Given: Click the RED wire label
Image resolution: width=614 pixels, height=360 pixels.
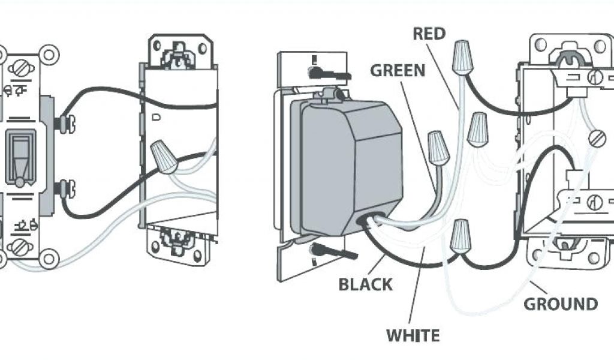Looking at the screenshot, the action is (x=429, y=34).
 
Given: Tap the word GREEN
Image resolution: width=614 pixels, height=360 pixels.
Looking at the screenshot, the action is (x=398, y=70).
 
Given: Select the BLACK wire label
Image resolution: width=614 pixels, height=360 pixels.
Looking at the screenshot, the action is (x=366, y=284).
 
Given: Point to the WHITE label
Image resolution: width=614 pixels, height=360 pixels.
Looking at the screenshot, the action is (x=413, y=335).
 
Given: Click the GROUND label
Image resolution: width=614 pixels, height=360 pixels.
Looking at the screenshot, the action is (x=561, y=304).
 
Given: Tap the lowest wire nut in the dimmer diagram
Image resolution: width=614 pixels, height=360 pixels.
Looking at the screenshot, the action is (x=460, y=236).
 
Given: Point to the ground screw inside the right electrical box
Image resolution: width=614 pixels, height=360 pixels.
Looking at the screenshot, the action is (x=596, y=139).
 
